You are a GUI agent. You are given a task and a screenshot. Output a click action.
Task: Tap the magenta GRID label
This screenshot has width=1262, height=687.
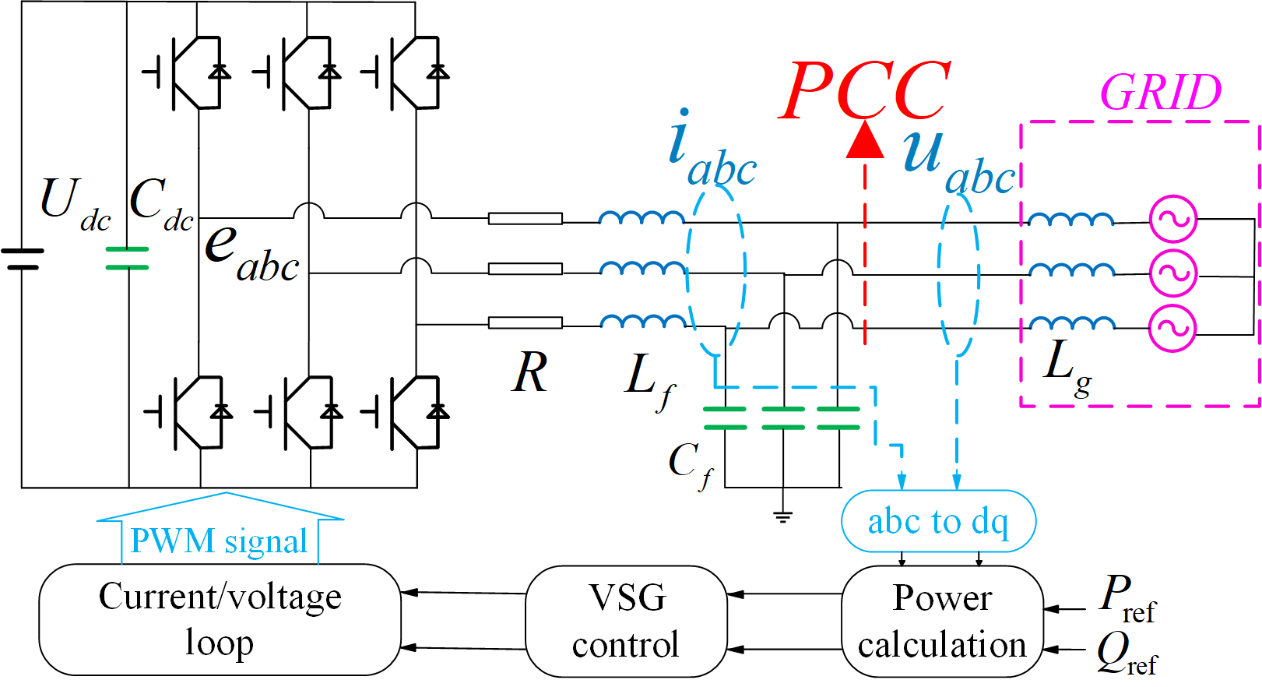(x=1161, y=93)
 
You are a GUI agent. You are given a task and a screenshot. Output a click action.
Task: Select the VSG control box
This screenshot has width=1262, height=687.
(x=626, y=621)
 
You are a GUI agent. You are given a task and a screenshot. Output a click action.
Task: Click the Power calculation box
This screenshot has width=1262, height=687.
(x=942, y=621)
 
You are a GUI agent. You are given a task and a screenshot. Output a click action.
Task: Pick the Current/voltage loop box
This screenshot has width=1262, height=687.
(x=220, y=619)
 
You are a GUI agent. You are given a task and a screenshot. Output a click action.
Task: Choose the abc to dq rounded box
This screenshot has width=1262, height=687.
(x=938, y=521)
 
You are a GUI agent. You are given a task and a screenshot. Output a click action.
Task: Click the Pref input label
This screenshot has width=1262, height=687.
(x=1127, y=598)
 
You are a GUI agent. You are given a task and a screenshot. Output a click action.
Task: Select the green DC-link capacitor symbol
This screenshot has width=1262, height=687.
(x=127, y=259)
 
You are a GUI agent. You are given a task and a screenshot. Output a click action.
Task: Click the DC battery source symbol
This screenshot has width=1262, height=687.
(x=23, y=259)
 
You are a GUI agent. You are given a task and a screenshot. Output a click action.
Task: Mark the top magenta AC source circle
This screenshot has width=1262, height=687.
(x=1173, y=219)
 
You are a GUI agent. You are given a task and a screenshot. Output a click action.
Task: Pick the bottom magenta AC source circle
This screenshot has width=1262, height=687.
(x=1173, y=328)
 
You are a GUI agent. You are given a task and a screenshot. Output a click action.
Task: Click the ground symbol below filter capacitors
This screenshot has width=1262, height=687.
(x=783, y=516)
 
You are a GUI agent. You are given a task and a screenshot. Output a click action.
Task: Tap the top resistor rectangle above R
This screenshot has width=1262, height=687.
(x=526, y=219)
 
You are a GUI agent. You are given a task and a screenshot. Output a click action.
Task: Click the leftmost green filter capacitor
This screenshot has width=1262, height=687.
(x=725, y=418)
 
